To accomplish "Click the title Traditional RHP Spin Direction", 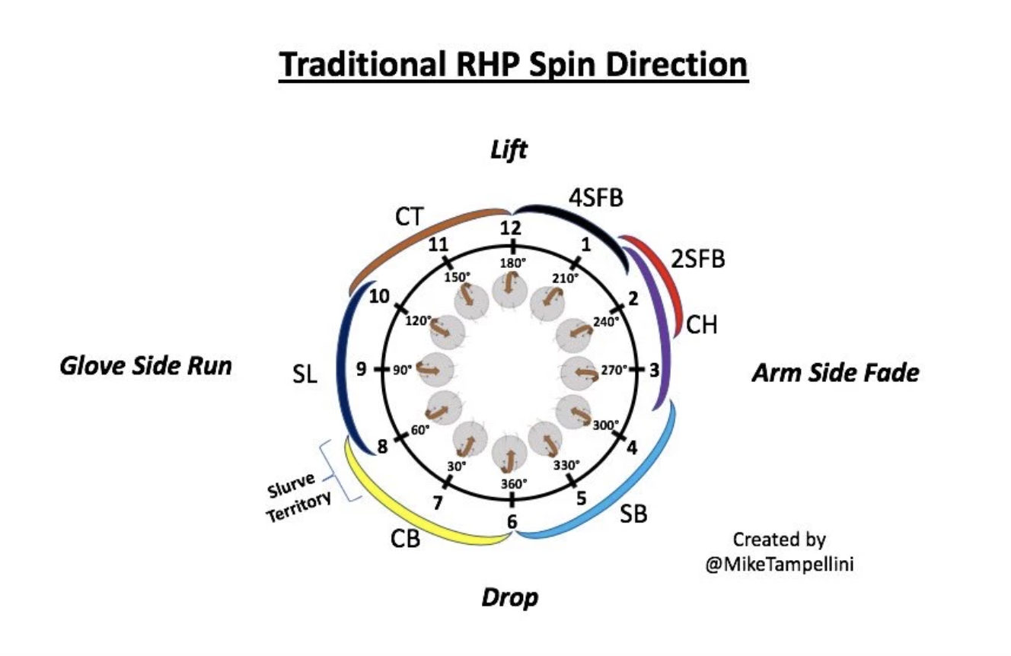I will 513,66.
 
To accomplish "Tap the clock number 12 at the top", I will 512,228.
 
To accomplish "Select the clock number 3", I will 654,370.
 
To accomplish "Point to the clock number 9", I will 362,369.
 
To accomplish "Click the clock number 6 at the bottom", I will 512,522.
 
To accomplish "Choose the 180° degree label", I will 512,263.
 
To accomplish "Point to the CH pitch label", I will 701,325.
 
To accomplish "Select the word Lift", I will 509,150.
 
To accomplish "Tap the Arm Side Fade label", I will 835,373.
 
